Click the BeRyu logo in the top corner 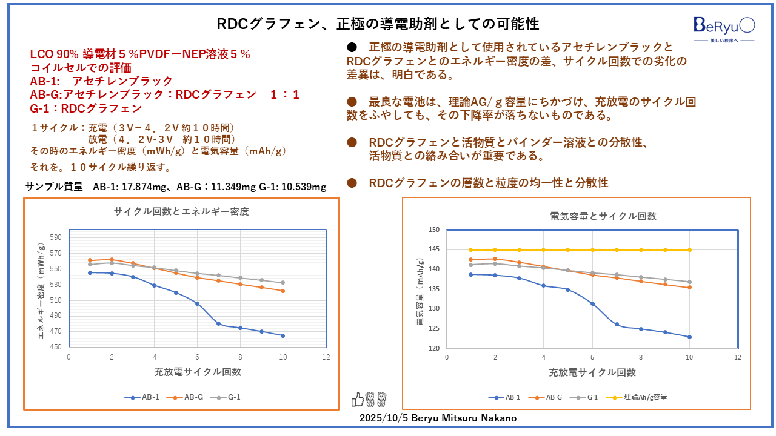[724, 26]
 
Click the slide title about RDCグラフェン [378, 24]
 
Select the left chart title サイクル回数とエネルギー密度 [181, 212]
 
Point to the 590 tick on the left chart [56, 237]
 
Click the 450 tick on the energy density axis [56, 347]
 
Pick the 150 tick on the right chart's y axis [434, 230]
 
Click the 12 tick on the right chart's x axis [737, 357]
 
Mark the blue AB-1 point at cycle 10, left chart [283, 335]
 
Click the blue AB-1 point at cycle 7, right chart [617, 325]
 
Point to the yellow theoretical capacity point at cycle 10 [689, 249]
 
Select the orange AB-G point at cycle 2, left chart [112, 259]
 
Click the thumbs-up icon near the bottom [357, 399]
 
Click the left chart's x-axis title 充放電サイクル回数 [198, 372]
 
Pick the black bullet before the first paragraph [351, 47]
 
